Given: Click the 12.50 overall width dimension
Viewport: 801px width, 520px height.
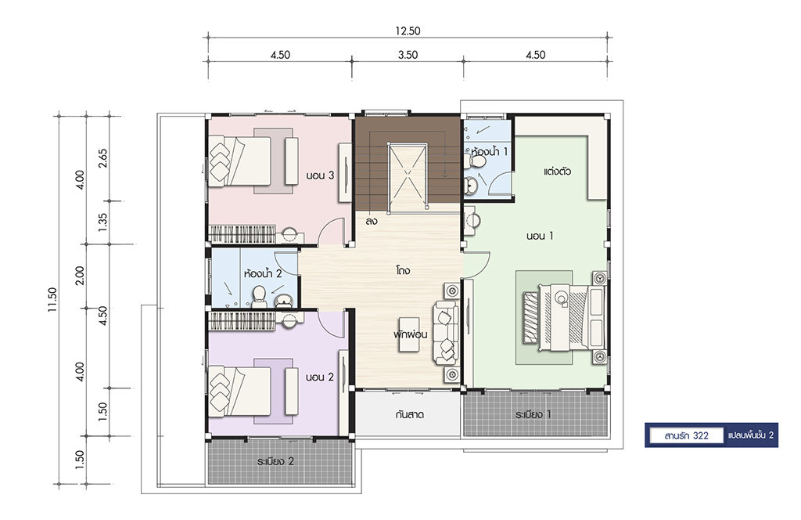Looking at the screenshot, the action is coord(408,31).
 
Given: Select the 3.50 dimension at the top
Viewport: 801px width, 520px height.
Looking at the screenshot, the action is coord(408,55).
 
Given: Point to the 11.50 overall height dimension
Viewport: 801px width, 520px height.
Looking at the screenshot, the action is coord(53,300).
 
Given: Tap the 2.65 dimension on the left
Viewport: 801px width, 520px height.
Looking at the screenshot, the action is coord(103,158).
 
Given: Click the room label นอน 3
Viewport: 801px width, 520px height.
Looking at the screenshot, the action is coord(320,175).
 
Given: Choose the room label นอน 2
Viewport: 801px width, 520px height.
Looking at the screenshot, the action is coord(319,377).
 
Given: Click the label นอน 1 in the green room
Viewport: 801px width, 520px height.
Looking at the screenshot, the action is coord(540,236).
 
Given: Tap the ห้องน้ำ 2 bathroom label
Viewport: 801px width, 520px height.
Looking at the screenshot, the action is coord(263,273).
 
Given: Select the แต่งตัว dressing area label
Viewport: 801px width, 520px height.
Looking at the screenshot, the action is coord(557,172).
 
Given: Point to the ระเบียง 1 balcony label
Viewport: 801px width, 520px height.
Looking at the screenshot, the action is coord(533,414).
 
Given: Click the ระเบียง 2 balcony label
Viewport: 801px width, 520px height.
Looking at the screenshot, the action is coord(276,461).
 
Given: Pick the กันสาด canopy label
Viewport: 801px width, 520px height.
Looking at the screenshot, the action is coord(409,415).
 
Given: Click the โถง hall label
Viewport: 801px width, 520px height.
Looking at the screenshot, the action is coord(403,270).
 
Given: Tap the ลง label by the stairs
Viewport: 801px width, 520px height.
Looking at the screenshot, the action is coord(372,222).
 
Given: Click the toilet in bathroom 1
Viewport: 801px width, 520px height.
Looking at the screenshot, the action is coord(476,161).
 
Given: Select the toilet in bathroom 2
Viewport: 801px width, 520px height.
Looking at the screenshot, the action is coord(259,297).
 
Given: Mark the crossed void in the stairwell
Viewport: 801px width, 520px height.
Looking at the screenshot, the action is coord(407,176).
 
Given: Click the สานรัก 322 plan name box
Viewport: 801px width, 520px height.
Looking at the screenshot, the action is coord(686,435).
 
